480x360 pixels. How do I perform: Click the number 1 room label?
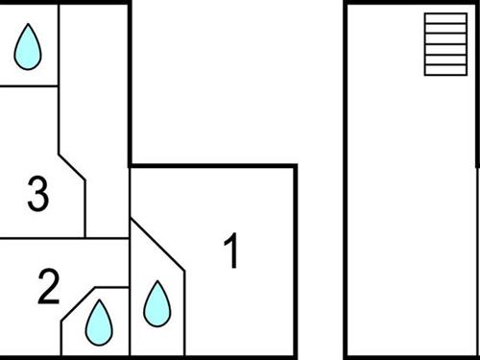click(230, 252)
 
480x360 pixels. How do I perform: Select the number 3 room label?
click(37, 195)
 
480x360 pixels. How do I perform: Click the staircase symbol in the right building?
click(444, 44)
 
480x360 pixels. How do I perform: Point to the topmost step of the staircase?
click(444, 18)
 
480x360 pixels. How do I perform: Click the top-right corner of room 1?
click(295, 166)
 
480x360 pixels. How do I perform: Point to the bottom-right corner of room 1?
click(295, 357)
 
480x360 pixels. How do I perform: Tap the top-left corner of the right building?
click(347, 5)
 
